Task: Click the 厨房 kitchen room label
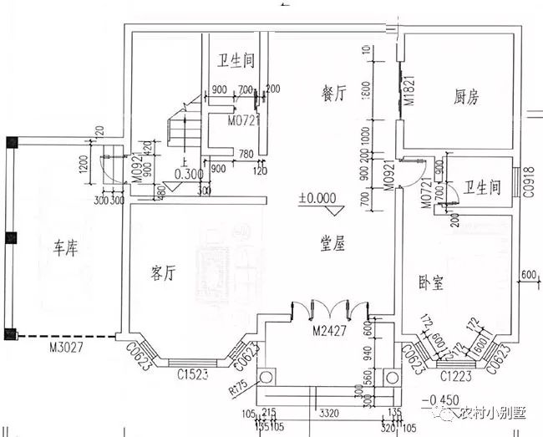[462, 98]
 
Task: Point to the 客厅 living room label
[167, 273]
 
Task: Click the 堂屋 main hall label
[334, 242]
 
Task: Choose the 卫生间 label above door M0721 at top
[236, 62]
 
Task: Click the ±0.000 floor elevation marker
[316, 201]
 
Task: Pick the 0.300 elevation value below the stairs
[189, 175]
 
